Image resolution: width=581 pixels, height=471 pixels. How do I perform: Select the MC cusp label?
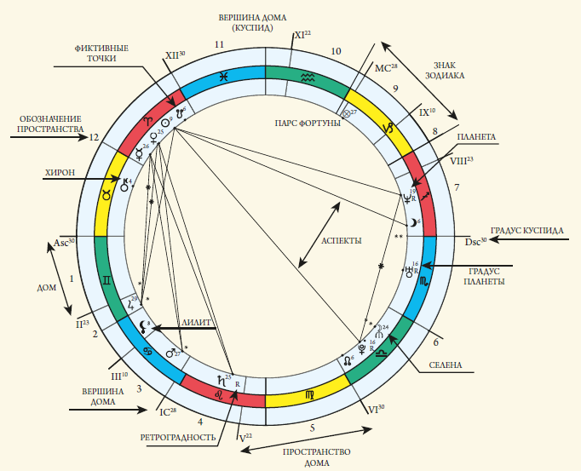[x=386, y=67]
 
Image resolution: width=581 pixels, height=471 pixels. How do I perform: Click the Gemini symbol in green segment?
[x=106, y=279]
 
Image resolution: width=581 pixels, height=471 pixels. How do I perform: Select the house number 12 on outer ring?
[x=95, y=136]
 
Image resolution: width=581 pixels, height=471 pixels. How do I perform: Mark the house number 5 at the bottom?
[x=312, y=428]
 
